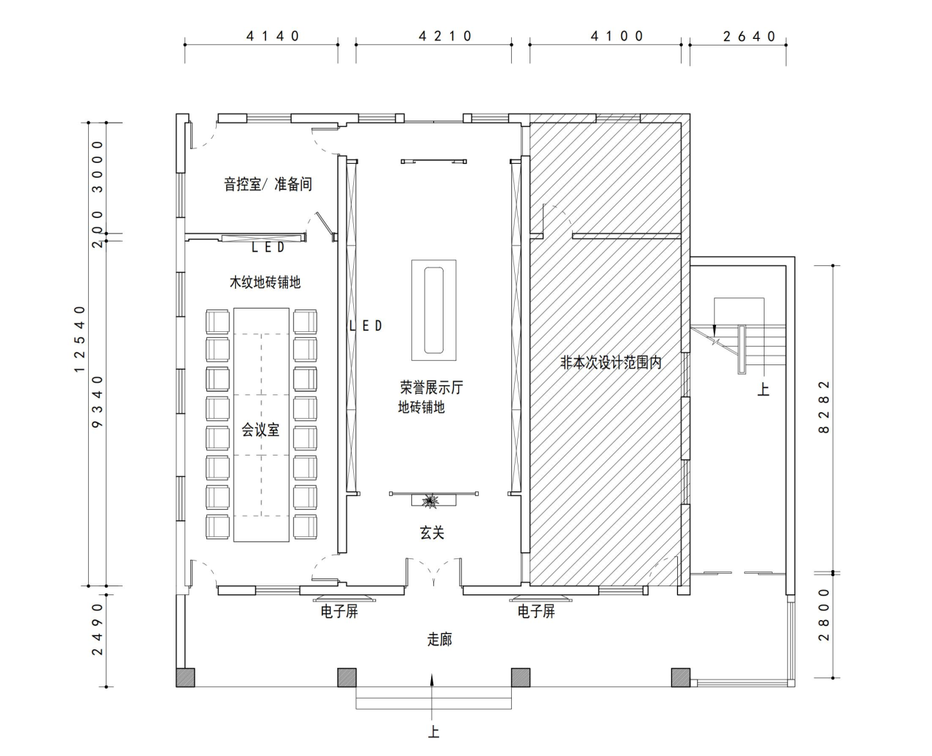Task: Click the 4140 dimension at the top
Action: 272,36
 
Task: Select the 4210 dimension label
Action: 445,36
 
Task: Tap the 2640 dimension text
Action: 749,36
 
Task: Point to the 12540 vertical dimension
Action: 79,339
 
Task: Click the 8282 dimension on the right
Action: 823,407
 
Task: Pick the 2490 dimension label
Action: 97,629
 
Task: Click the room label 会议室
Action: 260,430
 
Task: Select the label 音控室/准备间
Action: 268,184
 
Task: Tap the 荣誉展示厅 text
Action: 431,387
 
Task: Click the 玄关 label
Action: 432,533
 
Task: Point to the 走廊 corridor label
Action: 440,640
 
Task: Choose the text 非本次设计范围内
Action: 611,362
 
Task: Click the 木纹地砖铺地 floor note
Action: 265,282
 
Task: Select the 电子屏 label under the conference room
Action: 339,611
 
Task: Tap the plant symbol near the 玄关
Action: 431,501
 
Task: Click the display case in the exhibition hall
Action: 433,310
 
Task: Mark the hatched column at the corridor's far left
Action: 186,677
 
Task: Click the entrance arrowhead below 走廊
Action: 433,679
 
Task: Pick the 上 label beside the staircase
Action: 763,389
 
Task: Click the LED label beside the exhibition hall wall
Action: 366,325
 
